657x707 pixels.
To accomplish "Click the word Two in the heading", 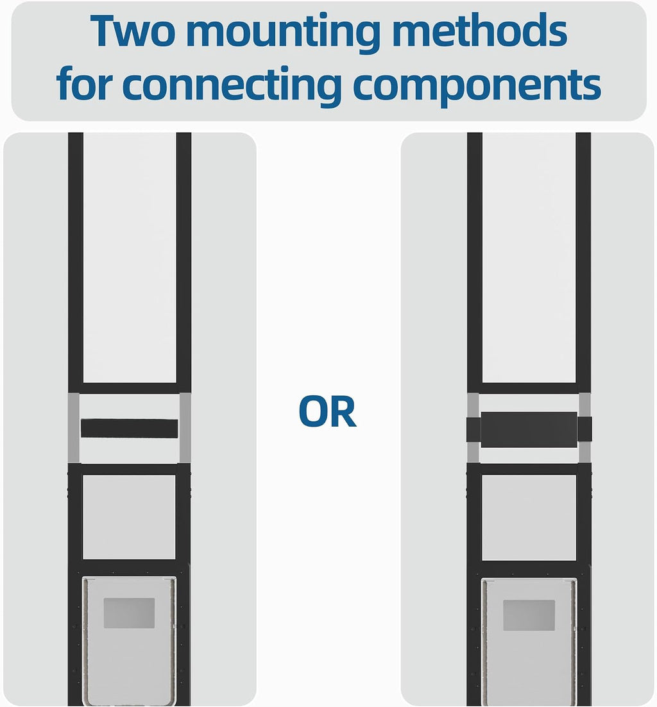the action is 133,31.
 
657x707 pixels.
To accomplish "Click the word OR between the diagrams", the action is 328,412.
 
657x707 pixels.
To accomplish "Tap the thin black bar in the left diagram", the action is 130,429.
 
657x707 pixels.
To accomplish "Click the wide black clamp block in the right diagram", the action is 529,429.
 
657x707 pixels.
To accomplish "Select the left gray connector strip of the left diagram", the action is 74,428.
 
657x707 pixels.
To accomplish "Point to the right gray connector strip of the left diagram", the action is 185,428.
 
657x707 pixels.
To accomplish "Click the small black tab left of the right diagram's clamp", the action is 474,429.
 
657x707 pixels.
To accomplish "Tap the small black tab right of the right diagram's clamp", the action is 584,429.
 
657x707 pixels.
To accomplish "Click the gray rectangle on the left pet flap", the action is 130,613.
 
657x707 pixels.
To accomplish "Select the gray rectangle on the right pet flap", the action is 529,615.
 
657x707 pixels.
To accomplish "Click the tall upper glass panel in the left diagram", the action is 130,257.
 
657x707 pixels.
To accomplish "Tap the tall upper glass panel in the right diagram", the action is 529,257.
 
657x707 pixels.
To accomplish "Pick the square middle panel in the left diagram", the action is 130,516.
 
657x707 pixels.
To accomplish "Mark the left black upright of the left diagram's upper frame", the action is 76,262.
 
